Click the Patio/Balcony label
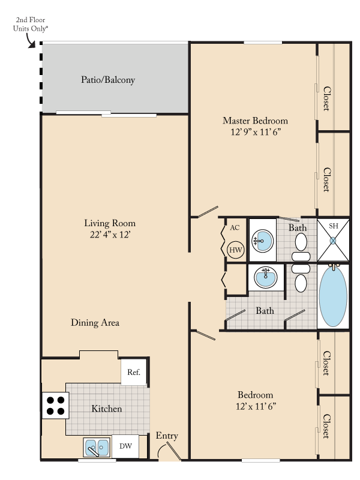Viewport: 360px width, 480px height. click(x=108, y=80)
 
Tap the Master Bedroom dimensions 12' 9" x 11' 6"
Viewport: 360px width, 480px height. click(x=256, y=132)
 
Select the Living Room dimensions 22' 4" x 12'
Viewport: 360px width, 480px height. click(x=110, y=235)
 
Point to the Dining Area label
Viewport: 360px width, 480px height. click(x=95, y=323)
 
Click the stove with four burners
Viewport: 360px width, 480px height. click(x=55, y=406)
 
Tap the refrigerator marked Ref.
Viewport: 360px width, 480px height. click(x=134, y=372)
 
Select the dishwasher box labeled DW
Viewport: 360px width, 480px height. click(x=125, y=446)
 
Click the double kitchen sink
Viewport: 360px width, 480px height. click(x=97, y=448)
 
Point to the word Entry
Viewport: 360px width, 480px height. click(x=167, y=436)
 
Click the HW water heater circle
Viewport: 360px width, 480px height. click(x=236, y=250)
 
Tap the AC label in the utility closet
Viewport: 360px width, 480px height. click(x=235, y=228)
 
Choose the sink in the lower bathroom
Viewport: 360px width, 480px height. click(x=266, y=277)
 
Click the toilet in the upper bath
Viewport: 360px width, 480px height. click(x=301, y=247)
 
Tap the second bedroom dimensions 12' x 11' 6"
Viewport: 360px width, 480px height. click(x=256, y=406)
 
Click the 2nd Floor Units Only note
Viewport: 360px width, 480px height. click(x=31, y=24)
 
